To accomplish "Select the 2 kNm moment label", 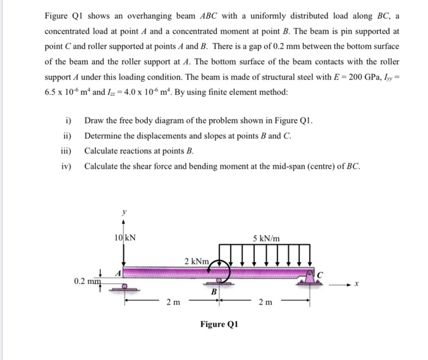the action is [x=197, y=262].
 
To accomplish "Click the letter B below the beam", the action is [x=214, y=292].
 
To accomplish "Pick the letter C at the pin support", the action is [x=319, y=271].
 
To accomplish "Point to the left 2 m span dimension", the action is [x=173, y=301].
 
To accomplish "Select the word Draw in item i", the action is [x=95, y=120].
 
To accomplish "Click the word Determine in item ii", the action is [x=104, y=135].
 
